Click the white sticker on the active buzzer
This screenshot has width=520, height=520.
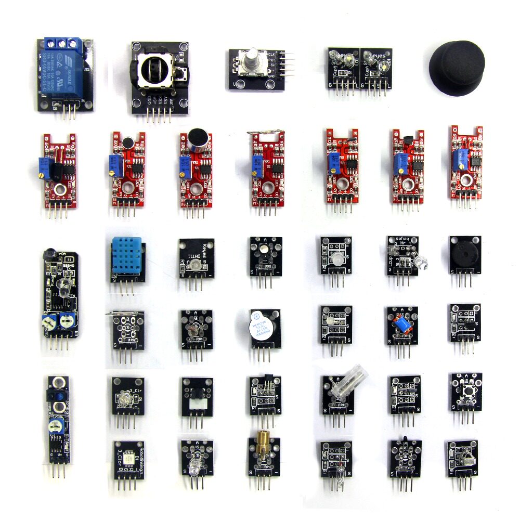click(x=258, y=327)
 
